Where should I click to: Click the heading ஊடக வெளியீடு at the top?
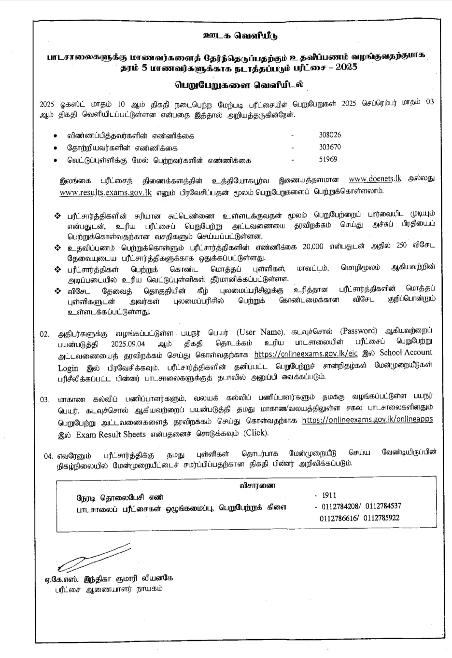[240, 36]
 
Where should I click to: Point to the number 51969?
[328, 160]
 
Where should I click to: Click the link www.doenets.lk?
[375, 179]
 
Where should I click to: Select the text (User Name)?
[259, 332]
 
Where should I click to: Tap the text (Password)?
[358, 331]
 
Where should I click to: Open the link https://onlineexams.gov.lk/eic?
[302, 354]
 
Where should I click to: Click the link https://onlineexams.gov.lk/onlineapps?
[367, 420]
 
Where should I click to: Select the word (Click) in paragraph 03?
[255, 433]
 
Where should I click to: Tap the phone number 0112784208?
[338, 507]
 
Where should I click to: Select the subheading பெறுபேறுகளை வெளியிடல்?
[240, 84]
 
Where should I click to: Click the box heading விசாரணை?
[257, 486]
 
